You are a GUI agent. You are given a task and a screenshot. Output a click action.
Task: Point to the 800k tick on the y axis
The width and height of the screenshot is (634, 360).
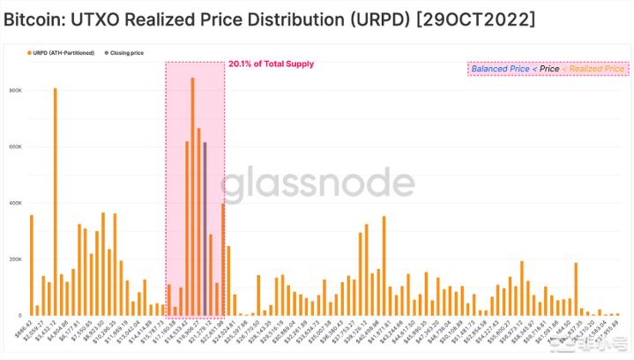[x=15, y=90]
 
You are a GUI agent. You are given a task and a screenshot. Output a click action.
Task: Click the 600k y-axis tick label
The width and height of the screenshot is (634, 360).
[x=15, y=146]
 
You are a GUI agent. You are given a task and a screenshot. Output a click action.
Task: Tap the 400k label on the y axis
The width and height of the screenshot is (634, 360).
[x=15, y=203]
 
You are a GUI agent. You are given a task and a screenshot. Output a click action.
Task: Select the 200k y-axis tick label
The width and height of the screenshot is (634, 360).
[x=15, y=259]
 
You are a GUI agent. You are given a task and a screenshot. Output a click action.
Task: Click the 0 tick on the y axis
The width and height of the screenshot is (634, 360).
[x=19, y=315]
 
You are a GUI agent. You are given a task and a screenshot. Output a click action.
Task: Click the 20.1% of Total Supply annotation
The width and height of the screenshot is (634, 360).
[x=271, y=64]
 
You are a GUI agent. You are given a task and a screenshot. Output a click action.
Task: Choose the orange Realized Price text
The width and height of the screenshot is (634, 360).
[x=596, y=68]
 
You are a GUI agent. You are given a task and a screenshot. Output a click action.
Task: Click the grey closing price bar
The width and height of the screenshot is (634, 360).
[x=205, y=229]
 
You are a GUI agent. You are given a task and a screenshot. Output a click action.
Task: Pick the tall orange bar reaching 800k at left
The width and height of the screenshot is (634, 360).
[x=55, y=202]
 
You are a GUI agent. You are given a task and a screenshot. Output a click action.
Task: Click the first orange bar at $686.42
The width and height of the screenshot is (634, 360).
[x=31, y=265]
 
